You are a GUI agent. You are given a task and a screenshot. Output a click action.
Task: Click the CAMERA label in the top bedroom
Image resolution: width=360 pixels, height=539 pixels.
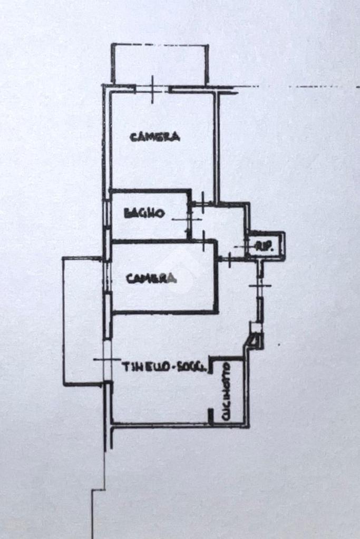click(x=155, y=137)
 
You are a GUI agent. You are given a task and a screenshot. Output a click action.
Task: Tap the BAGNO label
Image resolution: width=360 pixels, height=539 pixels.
click(x=144, y=213)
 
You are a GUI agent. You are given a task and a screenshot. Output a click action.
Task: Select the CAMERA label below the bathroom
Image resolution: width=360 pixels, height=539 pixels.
click(x=151, y=278)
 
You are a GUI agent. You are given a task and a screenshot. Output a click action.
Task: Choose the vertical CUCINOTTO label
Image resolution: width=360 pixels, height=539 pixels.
click(x=226, y=390)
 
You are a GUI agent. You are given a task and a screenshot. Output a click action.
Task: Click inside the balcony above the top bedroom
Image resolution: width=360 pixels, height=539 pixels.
click(x=159, y=64)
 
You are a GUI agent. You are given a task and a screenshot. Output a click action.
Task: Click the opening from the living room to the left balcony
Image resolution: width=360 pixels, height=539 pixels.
click(x=108, y=360)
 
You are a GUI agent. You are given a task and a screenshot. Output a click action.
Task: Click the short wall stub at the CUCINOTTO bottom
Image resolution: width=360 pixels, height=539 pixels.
click(x=210, y=416)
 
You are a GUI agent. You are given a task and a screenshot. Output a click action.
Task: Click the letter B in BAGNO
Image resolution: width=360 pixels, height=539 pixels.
click(x=127, y=214)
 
